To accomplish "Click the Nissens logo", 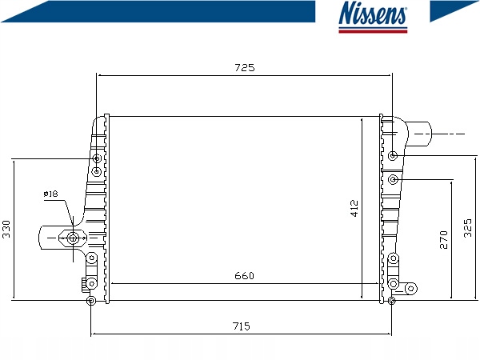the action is click(373, 17).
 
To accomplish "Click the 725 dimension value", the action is click(245, 67).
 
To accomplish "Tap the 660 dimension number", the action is click(244, 276).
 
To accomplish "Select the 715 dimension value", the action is click(242, 326).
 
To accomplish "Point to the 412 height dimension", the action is click(354, 208).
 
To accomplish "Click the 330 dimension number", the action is click(6, 229).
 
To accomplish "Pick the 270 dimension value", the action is click(443, 240).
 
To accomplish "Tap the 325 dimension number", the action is click(468, 228).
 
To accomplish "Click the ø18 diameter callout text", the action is click(51, 194).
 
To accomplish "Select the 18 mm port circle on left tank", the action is click(73, 238).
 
